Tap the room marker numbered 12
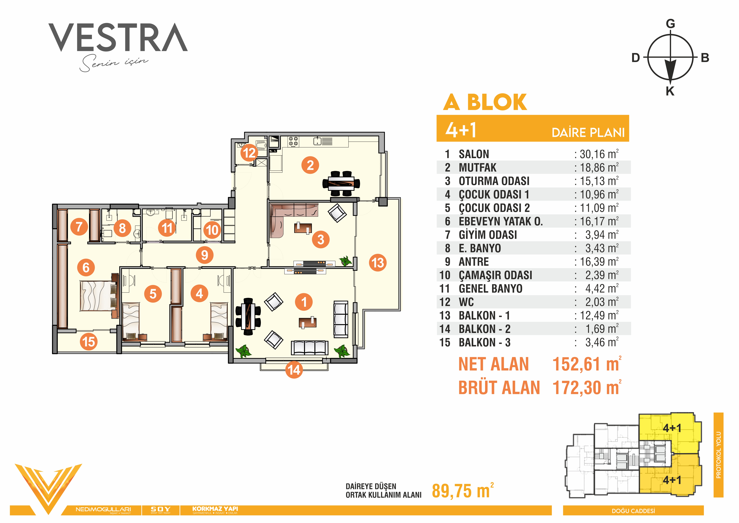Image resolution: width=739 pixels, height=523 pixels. coord(249,153)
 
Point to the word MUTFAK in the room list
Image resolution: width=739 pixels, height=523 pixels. coord(478,168)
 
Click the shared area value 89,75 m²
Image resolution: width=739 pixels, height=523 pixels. coord(463,491)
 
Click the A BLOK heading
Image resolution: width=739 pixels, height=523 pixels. coord(485,102)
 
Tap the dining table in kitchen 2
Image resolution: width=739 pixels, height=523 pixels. coord(341,184)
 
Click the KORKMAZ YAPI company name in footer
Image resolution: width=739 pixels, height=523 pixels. coord(215,509)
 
